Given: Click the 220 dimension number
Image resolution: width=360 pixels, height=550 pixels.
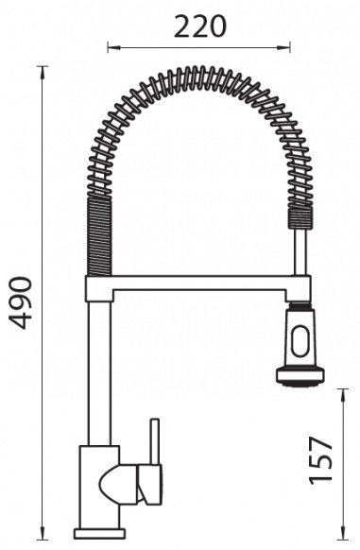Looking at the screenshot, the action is tap(200, 26).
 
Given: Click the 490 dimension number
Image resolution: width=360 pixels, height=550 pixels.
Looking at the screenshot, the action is tap(21, 303).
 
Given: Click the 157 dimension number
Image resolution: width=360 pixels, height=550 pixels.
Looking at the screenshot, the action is tap(320, 460).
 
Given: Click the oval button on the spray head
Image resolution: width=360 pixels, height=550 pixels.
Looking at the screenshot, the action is tap(300, 340).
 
